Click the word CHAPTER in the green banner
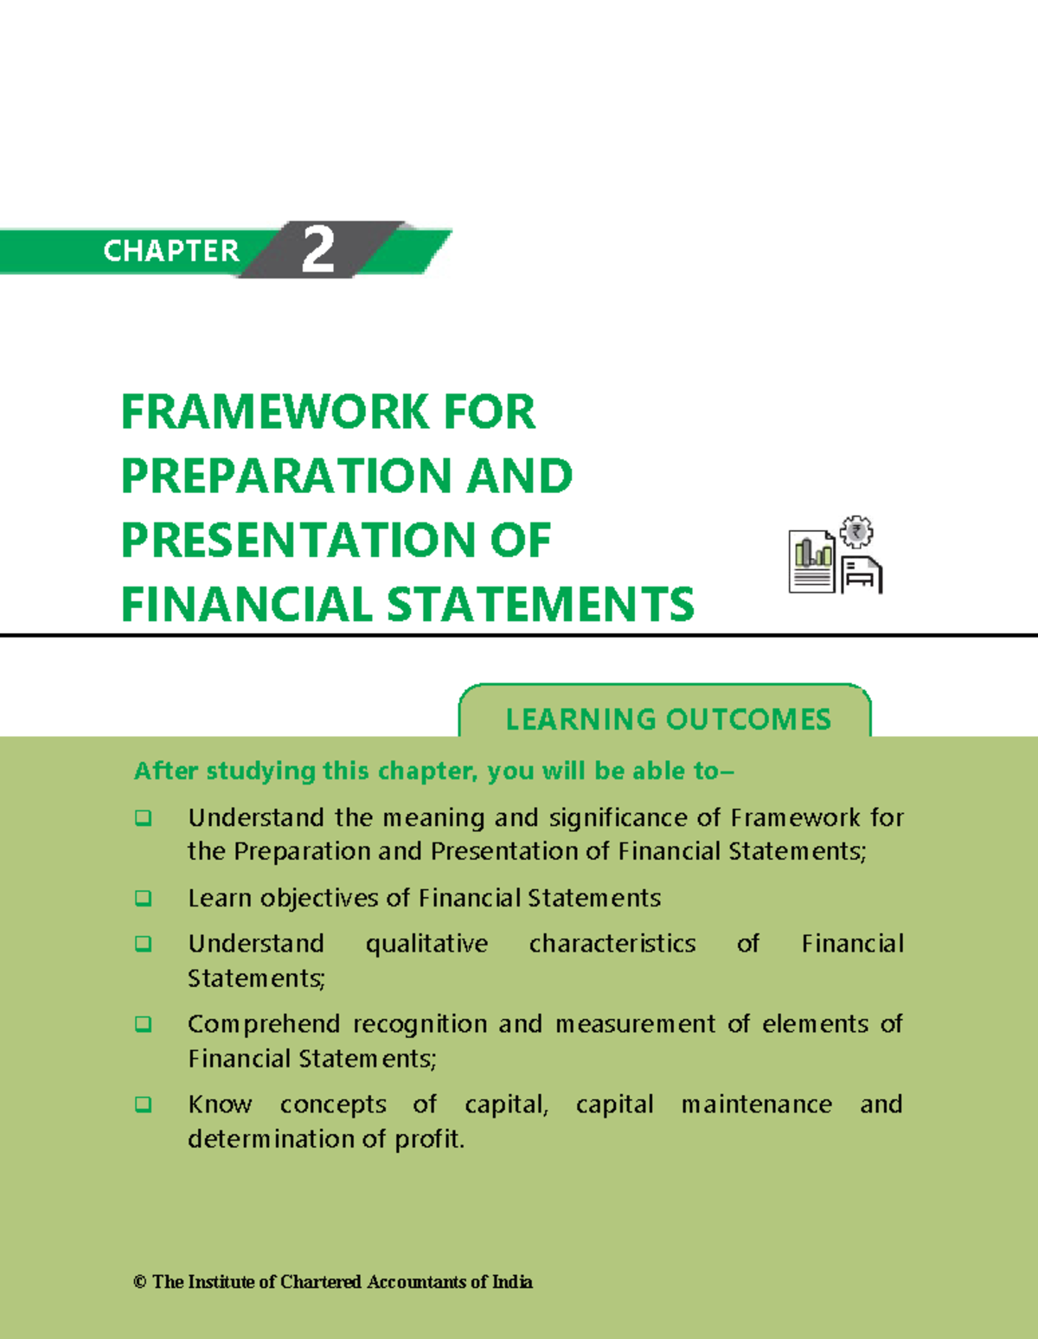click(x=170, y=251)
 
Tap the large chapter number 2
click(x=317, y=250)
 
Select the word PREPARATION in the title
click(x=286, y=476)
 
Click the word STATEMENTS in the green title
click(x=541, y=604)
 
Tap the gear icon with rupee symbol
click(x=856, y=532)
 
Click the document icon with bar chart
click(x=811, y=562)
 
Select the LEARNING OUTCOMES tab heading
click(x=667, y=719)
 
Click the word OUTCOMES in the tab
click(x=748, y=719)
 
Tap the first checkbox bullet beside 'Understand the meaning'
click(x=144, y=817)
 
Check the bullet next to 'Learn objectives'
click(x=144, y=898)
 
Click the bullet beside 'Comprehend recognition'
click(x=144, y=1024)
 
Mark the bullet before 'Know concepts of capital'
click(x=144, y=1105)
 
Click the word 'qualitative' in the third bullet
click(x=426, y=944)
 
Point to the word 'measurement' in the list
click(x=635, y=1024)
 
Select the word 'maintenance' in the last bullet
click(x=756, y=1105)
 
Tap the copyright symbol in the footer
click(x=140, y=1282)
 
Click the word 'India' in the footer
click(x=512, y=1282)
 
